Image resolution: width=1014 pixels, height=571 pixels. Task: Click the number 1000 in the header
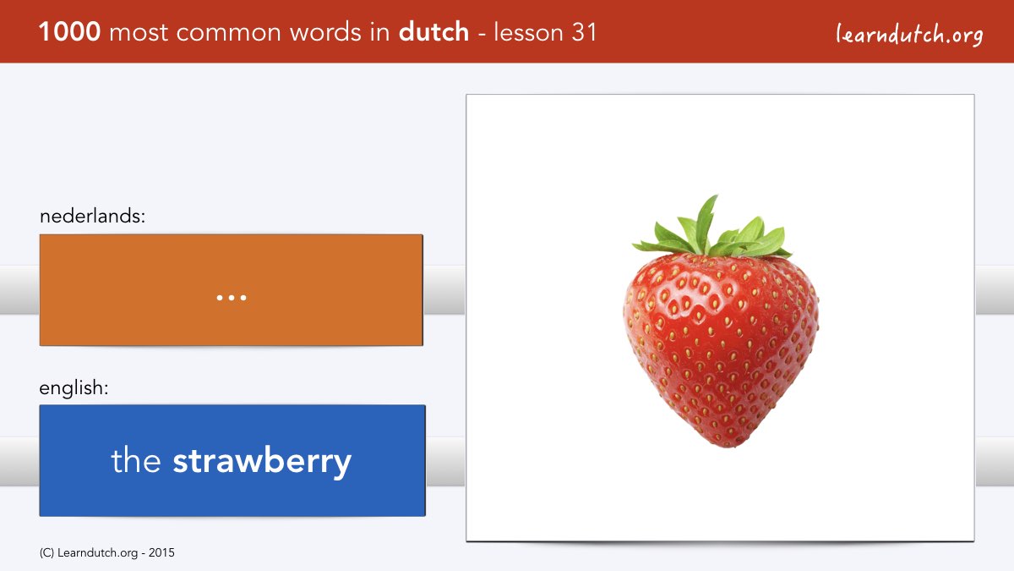(x=69, y=32)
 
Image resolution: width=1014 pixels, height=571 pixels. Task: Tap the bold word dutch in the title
(x=433, y=32)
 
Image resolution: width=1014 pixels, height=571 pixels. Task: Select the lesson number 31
(x=584, y=32)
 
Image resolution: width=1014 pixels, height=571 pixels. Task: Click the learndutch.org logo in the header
(x=909, y=34)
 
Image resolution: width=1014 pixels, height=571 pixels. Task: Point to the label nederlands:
(x=92, y=216)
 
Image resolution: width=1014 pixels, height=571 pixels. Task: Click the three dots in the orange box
(x=232, y=298)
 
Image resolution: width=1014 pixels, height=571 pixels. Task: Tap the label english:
(x=74, y=388)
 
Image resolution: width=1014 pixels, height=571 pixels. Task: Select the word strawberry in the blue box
(x=262, y=461)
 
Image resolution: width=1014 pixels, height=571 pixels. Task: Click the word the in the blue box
(x=136, y=460)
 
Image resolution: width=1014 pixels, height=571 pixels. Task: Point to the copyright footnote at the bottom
(x=106, y=553)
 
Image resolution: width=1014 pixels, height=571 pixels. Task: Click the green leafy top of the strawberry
(x=711, y=229)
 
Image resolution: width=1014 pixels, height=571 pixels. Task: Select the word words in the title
(x=326, y=32)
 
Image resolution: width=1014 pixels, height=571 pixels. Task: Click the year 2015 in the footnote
(x=161, y=553)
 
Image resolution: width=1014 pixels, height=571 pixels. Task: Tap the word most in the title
(x=139, y=33)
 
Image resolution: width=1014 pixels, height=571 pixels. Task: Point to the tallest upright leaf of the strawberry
(x=706, y=222)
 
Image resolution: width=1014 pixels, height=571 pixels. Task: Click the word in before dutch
(x=380, y=32)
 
